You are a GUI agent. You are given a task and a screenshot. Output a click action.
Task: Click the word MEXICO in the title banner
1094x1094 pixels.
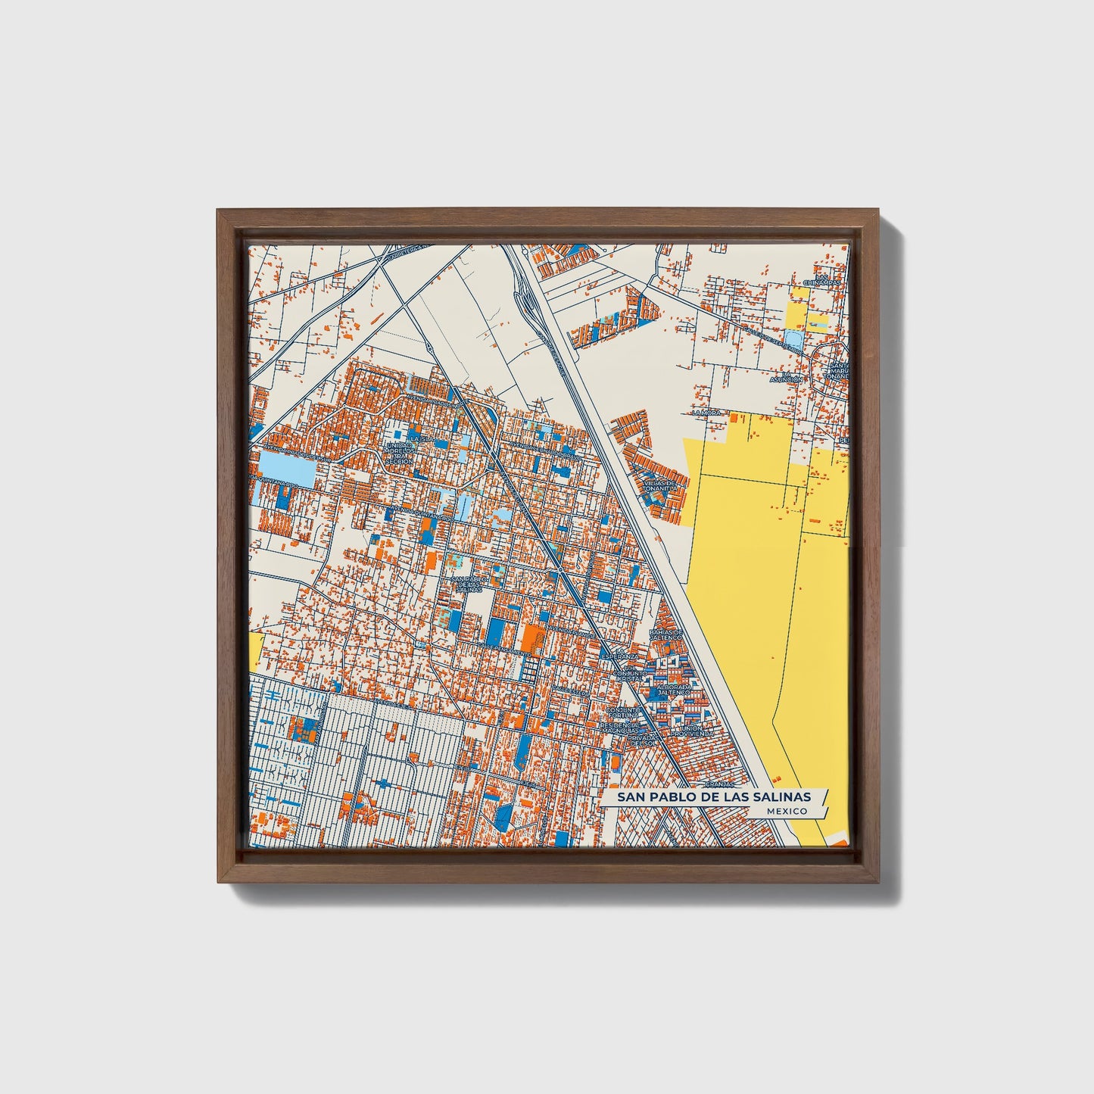click(x=785, y=810)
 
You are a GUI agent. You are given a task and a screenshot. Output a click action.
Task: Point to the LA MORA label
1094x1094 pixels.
click(x=707, y=413)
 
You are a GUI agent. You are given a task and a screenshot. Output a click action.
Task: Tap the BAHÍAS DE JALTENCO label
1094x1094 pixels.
click(x=666, y=634)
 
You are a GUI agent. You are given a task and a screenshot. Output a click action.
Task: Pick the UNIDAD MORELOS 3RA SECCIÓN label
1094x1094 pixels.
click(x=399, y=453)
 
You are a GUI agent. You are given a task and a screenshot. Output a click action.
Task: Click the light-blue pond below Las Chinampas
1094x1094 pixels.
click(x=792, y=339)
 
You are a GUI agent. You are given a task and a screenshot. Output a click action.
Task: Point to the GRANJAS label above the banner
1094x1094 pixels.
click(x=719, y=785)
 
